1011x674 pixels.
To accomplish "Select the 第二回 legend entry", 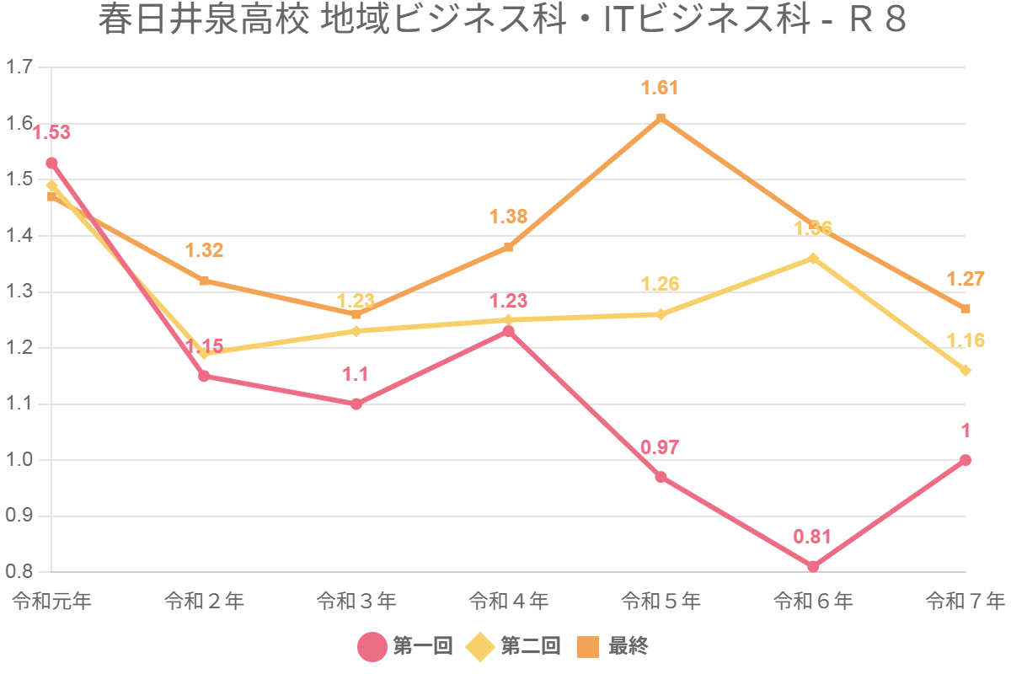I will coord(514,646).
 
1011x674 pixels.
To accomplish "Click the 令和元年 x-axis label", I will coord(51,602).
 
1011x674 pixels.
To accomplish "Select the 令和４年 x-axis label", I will coord(508,602).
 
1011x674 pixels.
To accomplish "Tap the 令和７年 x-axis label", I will coord(965,602).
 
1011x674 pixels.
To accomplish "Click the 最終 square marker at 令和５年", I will coord(661,118).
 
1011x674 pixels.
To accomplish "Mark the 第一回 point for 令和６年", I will coord(813,566).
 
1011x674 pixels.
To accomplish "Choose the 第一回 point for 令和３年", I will coord(356,404).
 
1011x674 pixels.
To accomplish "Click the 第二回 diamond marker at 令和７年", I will coord(966,371).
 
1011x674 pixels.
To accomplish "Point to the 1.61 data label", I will coord(660,88).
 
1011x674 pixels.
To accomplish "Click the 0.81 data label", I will coord(812,537).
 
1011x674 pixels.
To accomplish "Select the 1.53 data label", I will coord(51,132).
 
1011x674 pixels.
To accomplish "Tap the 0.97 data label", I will coord(660,447).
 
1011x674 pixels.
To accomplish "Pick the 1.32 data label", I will coord(204,250).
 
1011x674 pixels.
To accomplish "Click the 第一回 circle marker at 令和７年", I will coord(966,460).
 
